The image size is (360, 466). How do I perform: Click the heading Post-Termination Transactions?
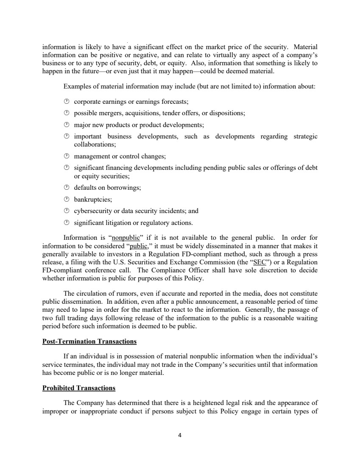tap(89, 341)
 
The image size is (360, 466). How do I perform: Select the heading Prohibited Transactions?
tap(79, 388)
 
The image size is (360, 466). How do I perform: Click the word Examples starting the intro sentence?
tap(76, 86)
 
